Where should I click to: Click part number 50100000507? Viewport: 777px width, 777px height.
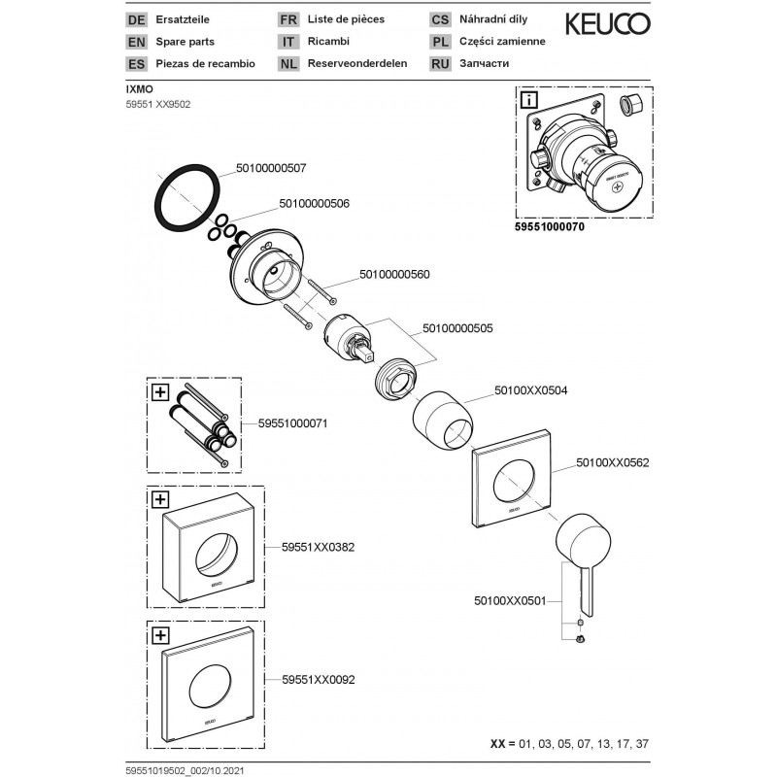[271, 168]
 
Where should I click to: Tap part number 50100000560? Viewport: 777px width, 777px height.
[394, 275]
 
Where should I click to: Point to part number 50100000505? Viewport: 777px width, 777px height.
[457, 328]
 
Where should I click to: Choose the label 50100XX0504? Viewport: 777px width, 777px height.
[530, 390]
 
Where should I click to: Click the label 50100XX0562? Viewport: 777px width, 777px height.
[612, 463]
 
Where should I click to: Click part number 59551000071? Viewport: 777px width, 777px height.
[293, 424]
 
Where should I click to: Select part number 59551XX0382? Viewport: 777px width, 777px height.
[318, 548]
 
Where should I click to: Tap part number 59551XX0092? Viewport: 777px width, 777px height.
[318, 681]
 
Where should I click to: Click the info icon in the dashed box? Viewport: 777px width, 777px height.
[528, 99]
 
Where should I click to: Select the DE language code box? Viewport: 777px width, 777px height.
[136, 19]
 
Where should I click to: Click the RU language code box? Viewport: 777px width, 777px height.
[440, 64]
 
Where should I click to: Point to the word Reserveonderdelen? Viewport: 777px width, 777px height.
[356, 64]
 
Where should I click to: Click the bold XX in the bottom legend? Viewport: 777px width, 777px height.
[496, 744]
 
